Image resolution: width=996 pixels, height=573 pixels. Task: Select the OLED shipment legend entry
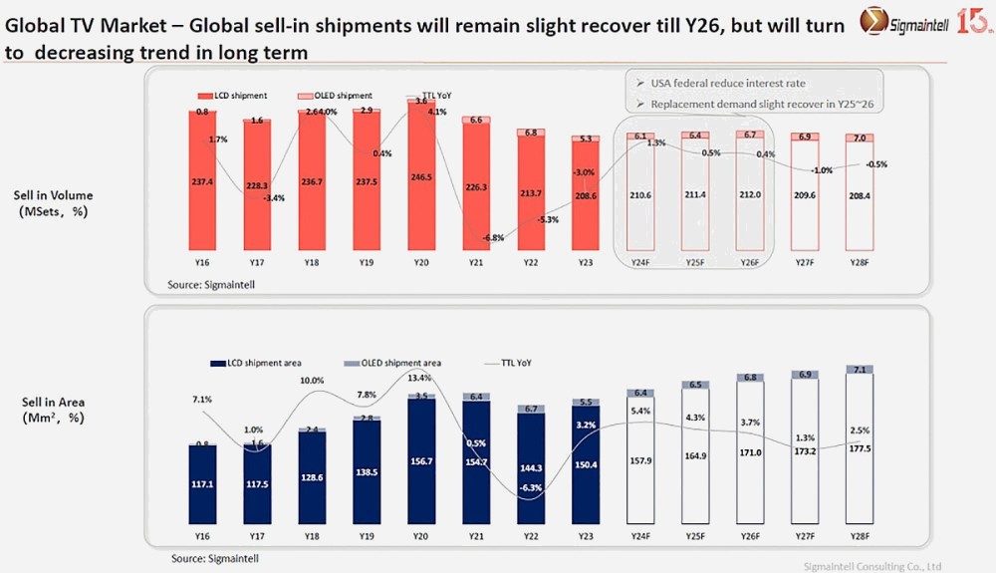click(334, 95)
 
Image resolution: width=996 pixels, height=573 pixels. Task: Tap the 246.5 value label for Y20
click(421, 176)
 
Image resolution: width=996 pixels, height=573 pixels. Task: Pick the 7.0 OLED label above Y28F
click(859, 137)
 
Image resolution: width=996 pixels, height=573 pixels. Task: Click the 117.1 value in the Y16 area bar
click(203, 484)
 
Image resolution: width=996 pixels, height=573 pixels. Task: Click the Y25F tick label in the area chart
click(695, 535)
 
